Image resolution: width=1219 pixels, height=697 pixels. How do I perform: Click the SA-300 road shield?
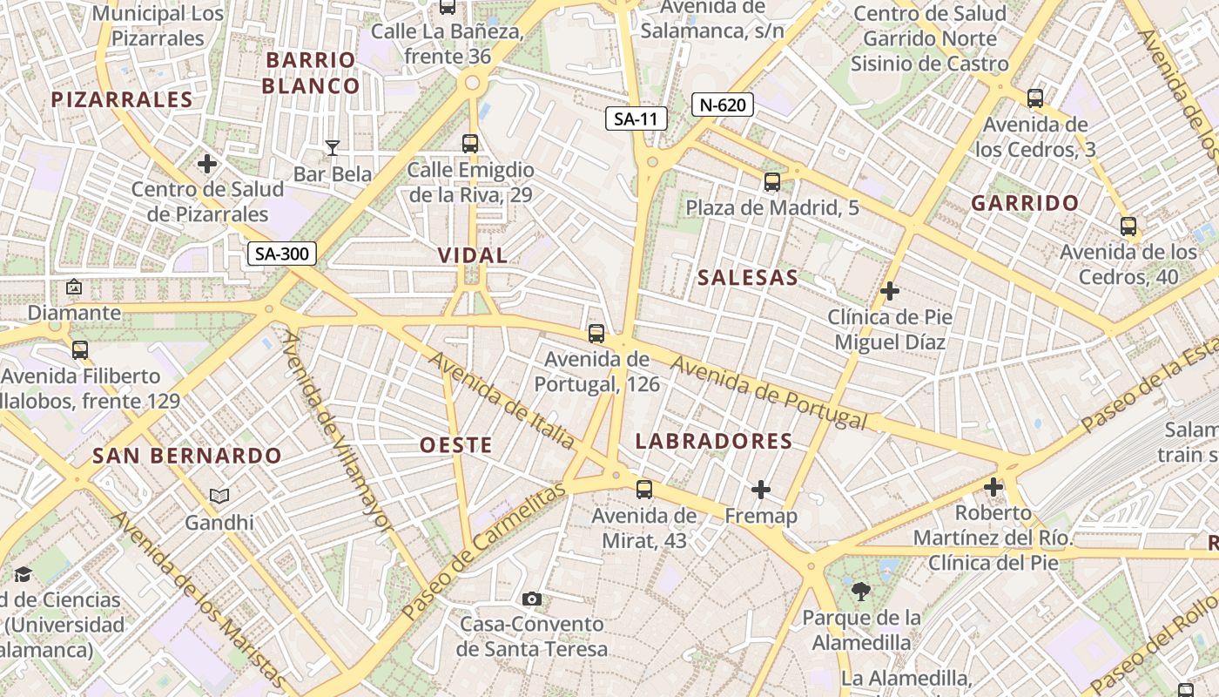coord(282,254)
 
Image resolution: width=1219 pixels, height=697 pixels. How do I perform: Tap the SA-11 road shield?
coord(636,118)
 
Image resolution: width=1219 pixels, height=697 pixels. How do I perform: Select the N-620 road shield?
coord(722,105)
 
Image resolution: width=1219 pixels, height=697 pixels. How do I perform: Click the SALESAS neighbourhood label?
coord(747,278)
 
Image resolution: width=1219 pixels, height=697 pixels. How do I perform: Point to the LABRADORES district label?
coord(714,442)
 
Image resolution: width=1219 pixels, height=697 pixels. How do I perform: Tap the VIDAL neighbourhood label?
coord(473,255)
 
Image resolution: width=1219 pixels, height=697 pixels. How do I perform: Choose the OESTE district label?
coord(456,445)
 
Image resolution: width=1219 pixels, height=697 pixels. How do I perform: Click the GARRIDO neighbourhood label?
coord(1025,204)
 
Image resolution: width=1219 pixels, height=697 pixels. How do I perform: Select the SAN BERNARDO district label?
coord(187,456)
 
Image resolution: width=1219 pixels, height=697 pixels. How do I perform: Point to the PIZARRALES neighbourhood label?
coord(122,99)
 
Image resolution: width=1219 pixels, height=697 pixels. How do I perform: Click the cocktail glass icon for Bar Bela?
coord(332,147)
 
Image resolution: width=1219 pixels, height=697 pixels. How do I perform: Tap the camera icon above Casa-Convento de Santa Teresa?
coord(532,599)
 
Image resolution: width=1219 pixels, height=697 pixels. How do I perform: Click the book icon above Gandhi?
coord(219,496)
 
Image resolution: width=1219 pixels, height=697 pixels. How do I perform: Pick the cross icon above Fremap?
coord(761,490)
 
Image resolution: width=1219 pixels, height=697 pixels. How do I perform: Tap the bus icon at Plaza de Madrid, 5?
coord(772,182)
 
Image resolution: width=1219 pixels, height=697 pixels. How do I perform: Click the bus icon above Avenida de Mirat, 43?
coord(644,490)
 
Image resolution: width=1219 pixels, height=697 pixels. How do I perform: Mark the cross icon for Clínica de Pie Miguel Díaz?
coord(890,291)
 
